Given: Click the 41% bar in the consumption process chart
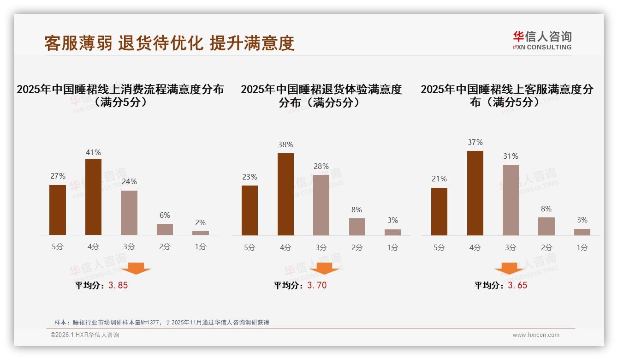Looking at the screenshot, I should [x=93, y=197].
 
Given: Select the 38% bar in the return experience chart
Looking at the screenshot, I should [x=285, y=194].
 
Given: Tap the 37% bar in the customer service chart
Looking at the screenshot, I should [x=475, y=193].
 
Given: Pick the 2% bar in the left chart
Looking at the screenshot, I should [x=201, y=233].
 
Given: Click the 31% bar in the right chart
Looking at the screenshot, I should [x=511, y=200].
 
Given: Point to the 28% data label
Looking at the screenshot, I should [x=321, y=166].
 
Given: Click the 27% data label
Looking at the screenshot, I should [x=58, y=176].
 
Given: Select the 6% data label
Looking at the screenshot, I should [x=165, y=215].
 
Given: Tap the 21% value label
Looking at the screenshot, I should [x=439, y=179].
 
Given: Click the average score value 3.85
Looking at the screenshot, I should [x=118, y=285].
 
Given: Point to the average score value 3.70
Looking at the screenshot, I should [x=317, y=285].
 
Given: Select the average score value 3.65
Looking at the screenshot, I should [x=517, y=285].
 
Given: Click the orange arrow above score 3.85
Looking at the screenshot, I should [x=136, y=268].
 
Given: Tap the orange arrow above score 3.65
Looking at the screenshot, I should [x=509, y=268].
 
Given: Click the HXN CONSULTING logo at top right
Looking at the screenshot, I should [x=542, y=40].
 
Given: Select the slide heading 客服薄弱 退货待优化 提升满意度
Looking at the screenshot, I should [x=169, y=43].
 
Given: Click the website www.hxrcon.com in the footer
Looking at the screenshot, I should [x=536, y=335].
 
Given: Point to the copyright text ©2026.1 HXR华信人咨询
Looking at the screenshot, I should [x=85, y=335].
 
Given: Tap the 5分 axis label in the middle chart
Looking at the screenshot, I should [x=250, y=247].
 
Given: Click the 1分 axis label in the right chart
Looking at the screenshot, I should [x=582, y=247].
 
